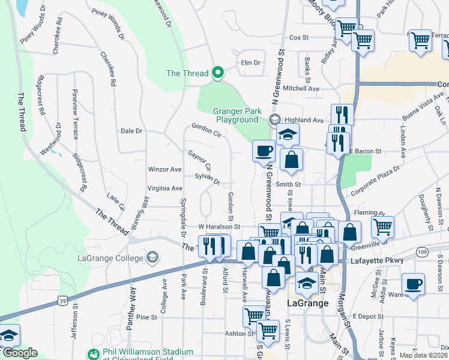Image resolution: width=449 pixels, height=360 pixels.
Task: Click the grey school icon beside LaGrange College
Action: coord(152,258)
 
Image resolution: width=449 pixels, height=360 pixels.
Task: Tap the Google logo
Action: coord(19,353)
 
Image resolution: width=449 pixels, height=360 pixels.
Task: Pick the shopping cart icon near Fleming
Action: coord(382,226)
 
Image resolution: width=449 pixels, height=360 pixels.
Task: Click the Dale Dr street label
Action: coord(131,131)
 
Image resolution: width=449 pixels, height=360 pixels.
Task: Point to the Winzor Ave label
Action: coord(164,170)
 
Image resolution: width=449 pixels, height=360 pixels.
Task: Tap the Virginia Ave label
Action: coord(164,188)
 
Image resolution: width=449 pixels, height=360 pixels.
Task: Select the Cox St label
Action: coord(298,37)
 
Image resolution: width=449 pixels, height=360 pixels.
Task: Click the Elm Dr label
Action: coord(250,62)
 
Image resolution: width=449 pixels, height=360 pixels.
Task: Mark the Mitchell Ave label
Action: coord(301,88)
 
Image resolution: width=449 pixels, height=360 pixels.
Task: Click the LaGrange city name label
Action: coord(307,303)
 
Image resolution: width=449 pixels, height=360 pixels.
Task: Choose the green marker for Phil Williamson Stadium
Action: coord(92,355)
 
